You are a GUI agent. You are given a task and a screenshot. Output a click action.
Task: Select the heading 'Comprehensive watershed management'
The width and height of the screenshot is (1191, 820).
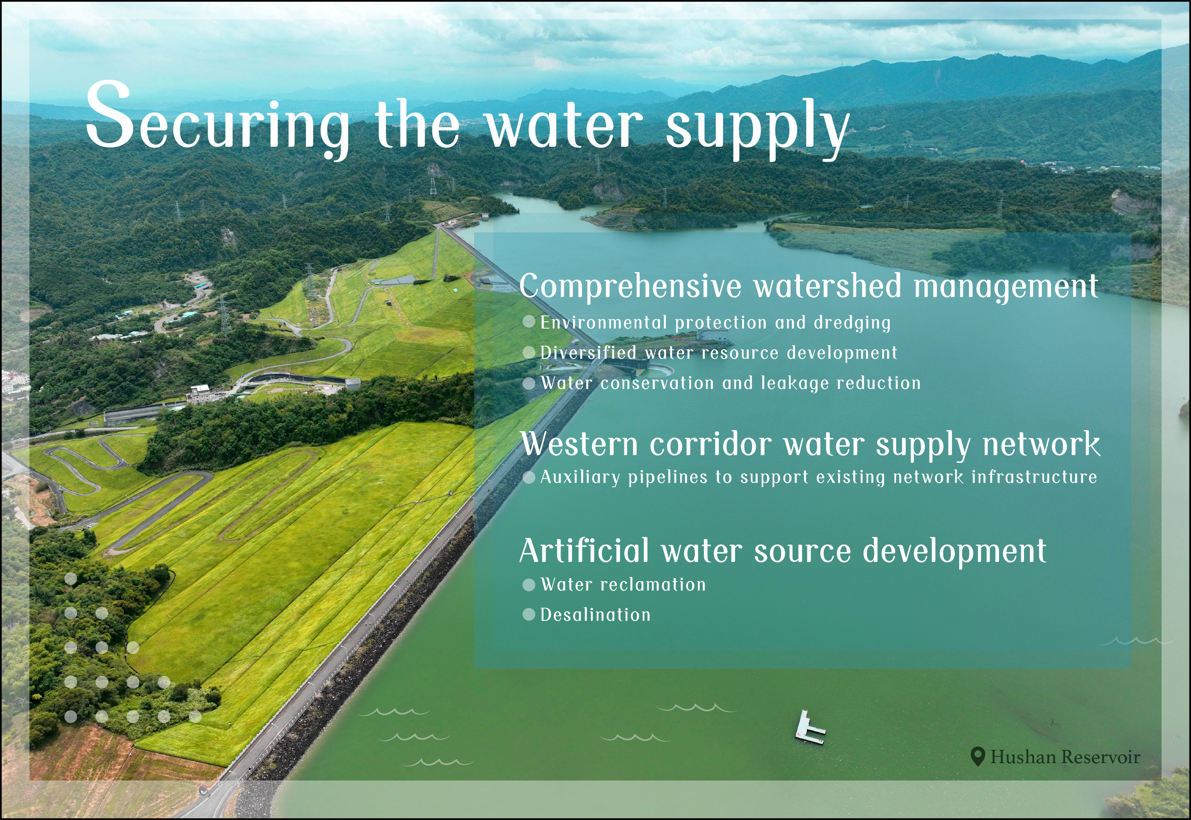(x=809, y=287)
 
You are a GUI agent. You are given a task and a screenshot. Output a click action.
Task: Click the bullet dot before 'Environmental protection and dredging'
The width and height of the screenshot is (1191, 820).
(x=529, y=322)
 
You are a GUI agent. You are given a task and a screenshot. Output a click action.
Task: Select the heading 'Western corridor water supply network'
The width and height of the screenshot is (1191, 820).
(x=810, y=444)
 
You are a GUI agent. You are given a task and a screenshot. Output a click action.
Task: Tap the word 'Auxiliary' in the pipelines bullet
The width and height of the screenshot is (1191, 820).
(x=580, y=478)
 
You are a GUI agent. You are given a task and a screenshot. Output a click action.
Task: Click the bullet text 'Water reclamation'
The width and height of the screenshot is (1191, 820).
(x=623, y=585)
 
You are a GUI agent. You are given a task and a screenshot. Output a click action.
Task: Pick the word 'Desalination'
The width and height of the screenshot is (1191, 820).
(x=595, y=615)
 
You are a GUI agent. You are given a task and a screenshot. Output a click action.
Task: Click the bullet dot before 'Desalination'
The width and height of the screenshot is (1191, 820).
(x=529, y=615)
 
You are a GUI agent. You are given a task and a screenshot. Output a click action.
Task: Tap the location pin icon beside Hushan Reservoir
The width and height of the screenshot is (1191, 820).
(x=978, y=757)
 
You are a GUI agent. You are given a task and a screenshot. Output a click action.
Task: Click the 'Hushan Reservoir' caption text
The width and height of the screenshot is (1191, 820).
(x=1066, y=758)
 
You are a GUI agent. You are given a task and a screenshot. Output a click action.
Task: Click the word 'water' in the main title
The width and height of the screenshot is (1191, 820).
(x=564, y=125)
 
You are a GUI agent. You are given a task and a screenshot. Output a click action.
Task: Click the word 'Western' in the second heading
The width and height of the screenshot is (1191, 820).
(x=579, y=444)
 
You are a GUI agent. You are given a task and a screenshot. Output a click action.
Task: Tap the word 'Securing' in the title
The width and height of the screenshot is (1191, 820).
(x=217, y=121)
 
